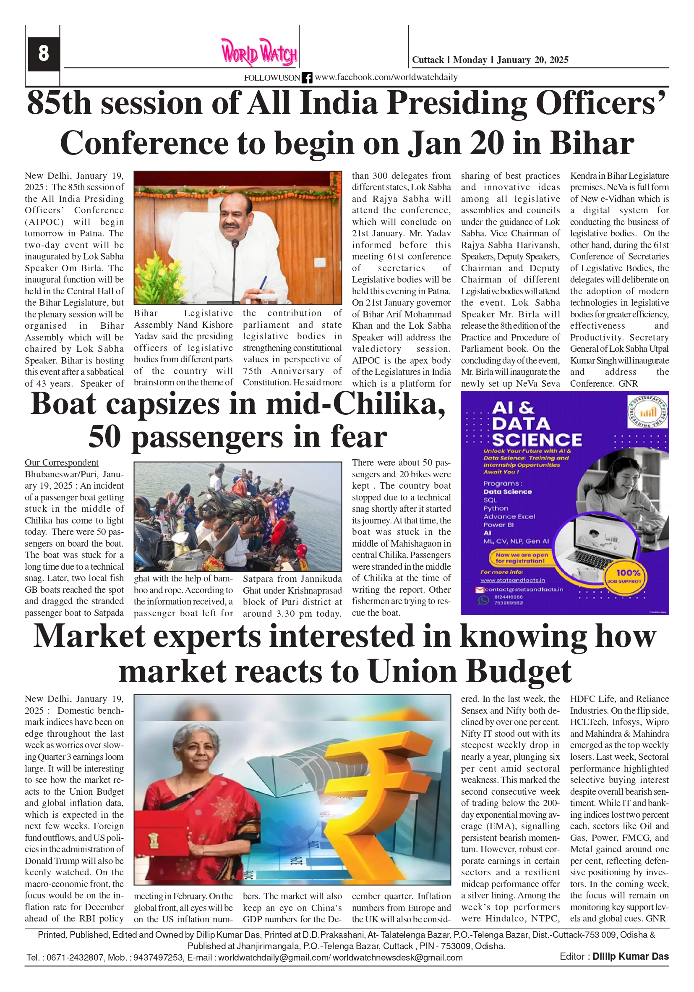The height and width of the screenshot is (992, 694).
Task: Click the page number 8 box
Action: click(43, 54)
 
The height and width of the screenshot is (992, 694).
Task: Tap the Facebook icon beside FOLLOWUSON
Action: click(307, 78)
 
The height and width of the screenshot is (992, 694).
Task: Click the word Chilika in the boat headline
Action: click(389, 405)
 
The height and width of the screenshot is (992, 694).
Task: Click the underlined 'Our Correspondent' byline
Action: click(61, 463)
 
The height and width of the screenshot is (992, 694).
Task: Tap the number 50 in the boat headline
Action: click(104, 438)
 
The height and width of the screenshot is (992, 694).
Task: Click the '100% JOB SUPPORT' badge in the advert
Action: click(628, 576)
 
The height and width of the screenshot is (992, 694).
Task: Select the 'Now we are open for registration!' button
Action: click(522, 558)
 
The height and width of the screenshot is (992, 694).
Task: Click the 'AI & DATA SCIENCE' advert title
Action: click(536, 424)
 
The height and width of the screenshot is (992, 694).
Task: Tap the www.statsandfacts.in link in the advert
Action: click(512, 580)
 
